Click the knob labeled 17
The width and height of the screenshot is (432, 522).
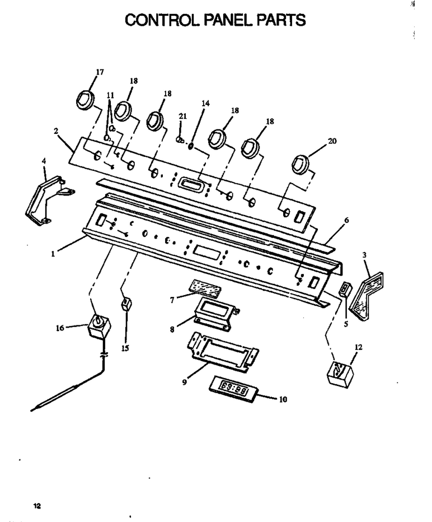coord(86,99)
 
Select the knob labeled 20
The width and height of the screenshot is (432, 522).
coord(300,164)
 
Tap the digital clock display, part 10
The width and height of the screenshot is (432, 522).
coord(234,389)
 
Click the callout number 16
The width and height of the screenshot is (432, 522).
coord(60,328)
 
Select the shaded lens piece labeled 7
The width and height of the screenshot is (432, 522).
coord(205,288)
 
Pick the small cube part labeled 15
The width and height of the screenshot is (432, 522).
coord(126,304)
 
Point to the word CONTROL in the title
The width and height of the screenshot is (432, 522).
coord(163,20)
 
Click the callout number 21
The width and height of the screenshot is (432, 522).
coord(183,116)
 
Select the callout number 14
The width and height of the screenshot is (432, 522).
coord(206,103)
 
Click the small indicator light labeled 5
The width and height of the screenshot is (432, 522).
coord(344,289)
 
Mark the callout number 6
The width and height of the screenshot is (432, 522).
coord(346,220)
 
